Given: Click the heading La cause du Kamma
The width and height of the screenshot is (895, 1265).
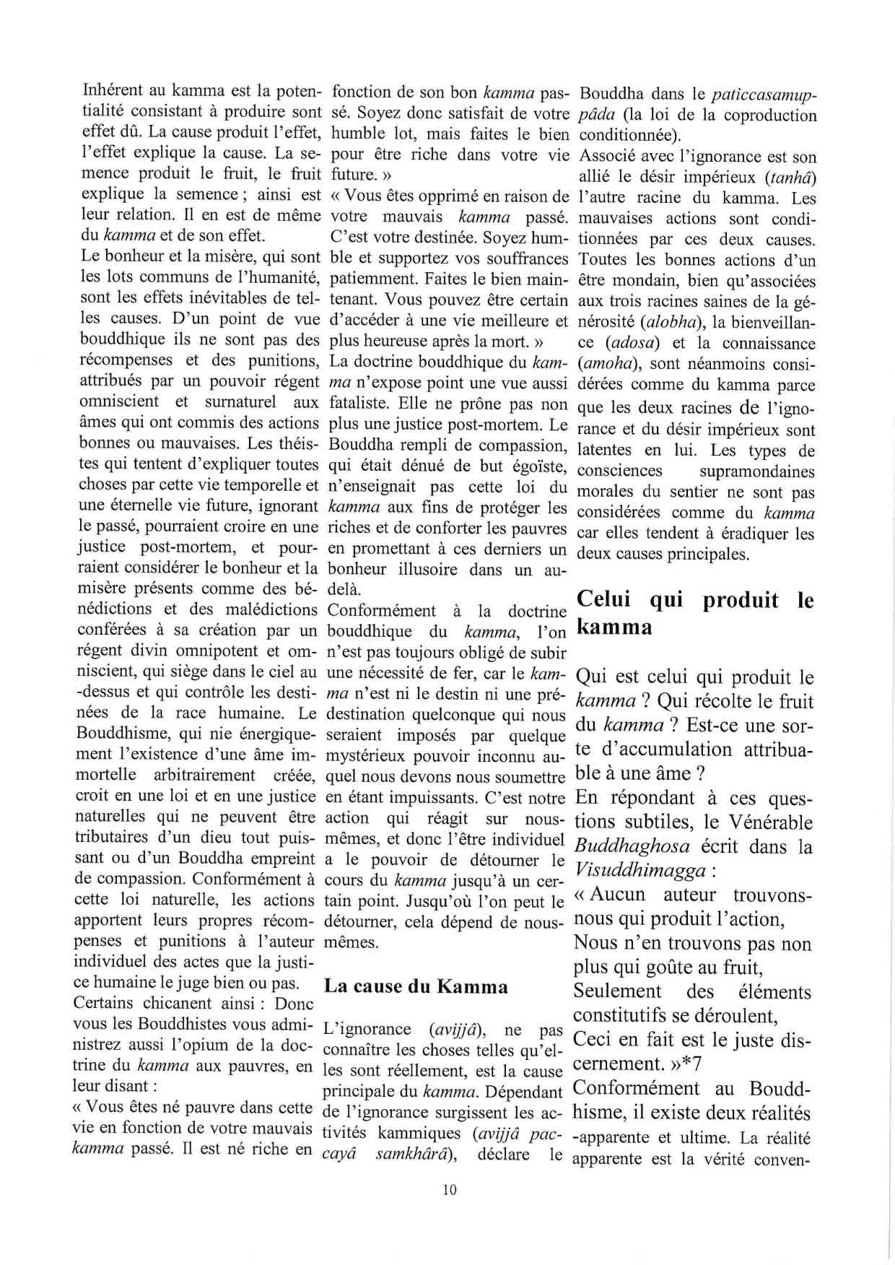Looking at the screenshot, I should pyautogui.click(x=416, y=986).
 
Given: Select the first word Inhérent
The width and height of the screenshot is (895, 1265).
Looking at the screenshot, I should pyautogui.click(x=115, y=92).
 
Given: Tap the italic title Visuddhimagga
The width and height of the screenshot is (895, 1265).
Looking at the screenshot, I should pyautogui.click(x=639, y=871).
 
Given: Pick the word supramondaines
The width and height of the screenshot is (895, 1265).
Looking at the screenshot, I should pyautogui.click(x=757, y=472).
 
